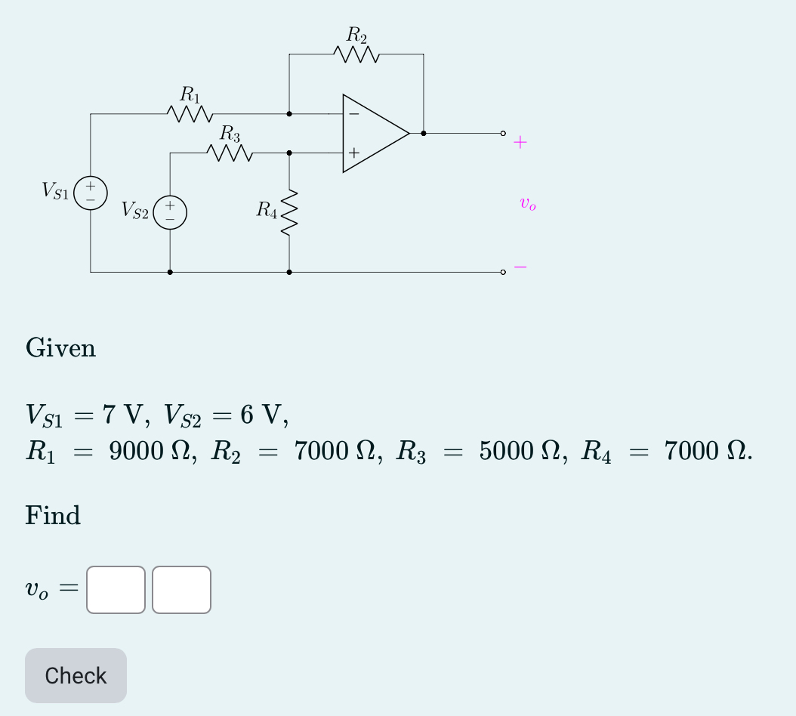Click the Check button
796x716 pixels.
[76, 675]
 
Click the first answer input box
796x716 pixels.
[116, 590]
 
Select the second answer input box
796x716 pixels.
[181, 590]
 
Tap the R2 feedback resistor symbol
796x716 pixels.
[356, 55]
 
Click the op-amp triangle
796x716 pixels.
[374, 134]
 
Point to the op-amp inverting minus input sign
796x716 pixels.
[353, 115]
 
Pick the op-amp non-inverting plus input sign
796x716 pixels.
[353, 153]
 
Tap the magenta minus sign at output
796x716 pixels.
[520, 267]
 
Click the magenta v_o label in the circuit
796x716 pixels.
[528, 203]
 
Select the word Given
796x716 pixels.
[60, 348]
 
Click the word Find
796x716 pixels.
[53, 516]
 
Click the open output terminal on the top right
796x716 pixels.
[502, 134]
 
